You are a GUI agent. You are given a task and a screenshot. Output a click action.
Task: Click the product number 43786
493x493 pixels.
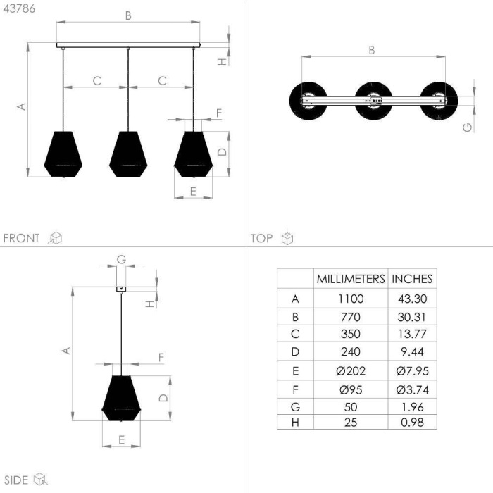pos(19,8)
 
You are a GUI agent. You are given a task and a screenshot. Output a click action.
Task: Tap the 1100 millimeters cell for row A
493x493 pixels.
pos(351,299)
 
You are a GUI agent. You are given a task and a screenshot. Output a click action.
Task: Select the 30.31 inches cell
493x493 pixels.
pos(412,317)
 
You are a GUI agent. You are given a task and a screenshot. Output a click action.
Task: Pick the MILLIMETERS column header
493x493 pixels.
pos(351,279)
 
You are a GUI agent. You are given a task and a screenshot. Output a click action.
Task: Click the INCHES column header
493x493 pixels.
pos(412,279)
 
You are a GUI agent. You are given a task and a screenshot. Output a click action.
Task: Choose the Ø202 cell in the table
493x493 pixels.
pos(351,371)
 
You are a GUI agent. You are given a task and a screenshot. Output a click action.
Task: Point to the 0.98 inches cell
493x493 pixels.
pos(412,423)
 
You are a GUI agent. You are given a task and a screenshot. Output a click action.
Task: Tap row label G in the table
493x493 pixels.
pos(295,407)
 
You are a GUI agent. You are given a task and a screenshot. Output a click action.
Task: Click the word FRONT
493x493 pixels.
pos(21,238)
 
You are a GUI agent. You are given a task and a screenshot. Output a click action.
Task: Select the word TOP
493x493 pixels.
pos(261,238)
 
